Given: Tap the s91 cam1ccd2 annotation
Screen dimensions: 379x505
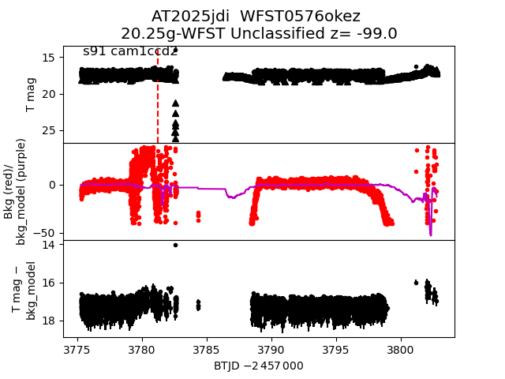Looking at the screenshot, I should point(130,51).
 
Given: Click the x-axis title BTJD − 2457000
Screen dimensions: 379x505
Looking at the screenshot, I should point(258,366).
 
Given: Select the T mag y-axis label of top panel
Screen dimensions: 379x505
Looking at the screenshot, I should point(31,94).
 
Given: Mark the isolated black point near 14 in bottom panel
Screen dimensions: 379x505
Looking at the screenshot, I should point(175,245).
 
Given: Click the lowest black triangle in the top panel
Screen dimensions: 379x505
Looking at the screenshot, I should point(175,138).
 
